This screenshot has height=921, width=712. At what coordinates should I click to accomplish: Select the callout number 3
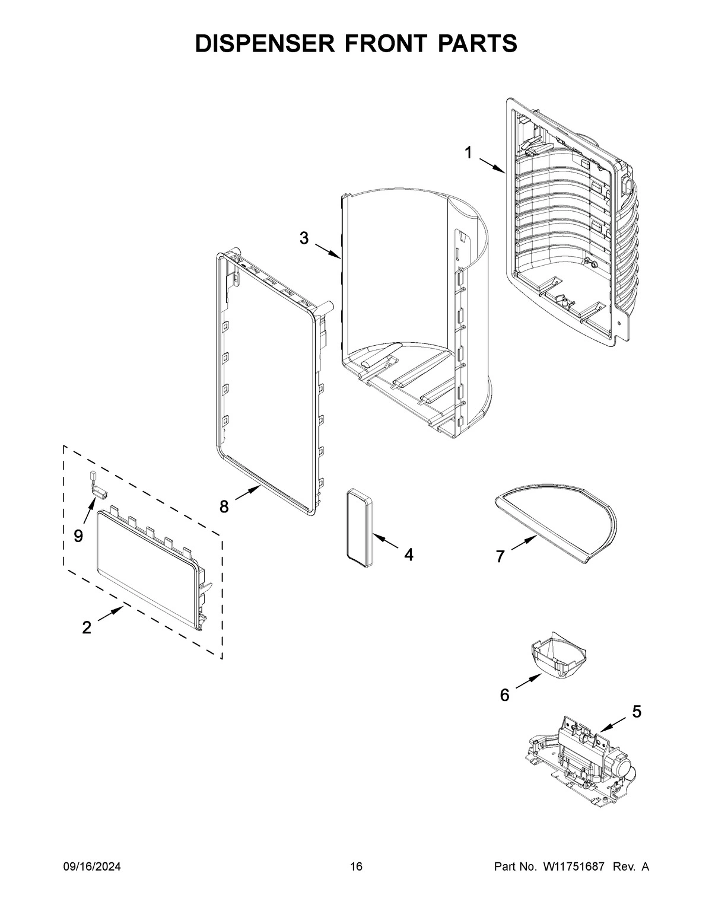[304, 238]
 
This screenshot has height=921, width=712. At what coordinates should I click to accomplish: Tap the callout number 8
[224, 506]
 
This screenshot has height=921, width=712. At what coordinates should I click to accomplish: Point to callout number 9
[78, 536]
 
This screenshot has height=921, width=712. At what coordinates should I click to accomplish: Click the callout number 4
[408, 554]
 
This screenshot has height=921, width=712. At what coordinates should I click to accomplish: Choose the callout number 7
[500, 556]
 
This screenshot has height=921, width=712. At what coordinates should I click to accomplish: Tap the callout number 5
[636, 711]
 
